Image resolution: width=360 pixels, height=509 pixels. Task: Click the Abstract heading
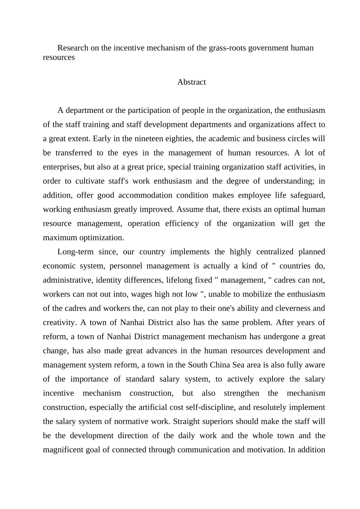tap(191, 82)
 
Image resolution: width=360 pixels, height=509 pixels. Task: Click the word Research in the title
tap(73, 48)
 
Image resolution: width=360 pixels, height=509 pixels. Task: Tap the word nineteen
tap(150, 139)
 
